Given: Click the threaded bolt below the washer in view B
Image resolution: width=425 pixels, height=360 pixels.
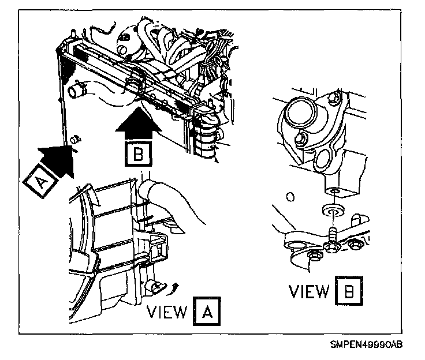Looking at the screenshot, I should click(333, 236).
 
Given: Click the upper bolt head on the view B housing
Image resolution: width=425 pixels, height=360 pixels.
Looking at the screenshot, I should click(301, 139).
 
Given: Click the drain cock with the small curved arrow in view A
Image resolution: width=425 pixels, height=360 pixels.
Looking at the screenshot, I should click(156, 285).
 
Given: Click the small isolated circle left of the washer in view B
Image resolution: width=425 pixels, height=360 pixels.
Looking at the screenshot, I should click(290, 197).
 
